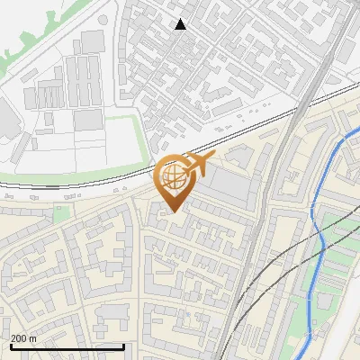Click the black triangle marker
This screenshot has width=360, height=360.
181,24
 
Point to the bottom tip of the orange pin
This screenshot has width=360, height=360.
172,211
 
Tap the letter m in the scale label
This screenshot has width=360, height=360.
34,337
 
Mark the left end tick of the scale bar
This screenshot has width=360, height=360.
11,346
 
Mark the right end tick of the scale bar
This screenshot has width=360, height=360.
123,346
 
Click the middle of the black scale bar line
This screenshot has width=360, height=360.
67,346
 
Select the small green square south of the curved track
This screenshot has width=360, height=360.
61,212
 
